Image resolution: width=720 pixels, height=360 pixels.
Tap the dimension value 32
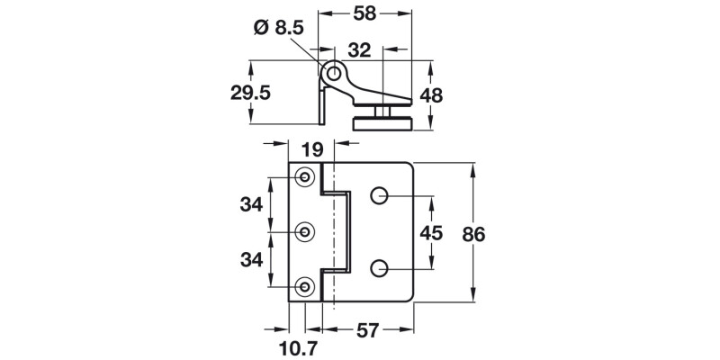pos(359,52)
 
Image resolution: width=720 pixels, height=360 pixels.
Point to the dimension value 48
pos(456,94)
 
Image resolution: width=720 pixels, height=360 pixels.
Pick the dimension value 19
pos(311,150)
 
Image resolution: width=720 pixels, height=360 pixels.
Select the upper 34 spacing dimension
pos(251,204)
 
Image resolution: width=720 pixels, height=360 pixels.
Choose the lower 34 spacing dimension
pos(251,260)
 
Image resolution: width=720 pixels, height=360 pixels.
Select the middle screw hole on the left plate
pos(306,232)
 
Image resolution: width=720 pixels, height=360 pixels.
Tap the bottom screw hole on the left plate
pos(306,287)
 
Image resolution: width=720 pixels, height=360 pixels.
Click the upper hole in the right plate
pos(379,195)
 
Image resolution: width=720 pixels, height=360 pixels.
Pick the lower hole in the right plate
pos(379,268)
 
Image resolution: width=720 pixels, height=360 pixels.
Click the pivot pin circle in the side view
pos(334,72)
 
